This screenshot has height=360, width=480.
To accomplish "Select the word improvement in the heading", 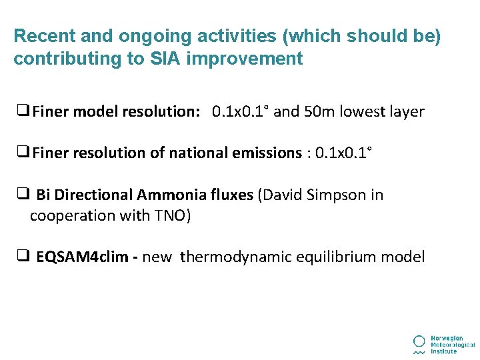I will click(245, 59).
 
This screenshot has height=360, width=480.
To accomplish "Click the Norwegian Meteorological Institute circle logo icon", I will click(419, 341).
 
